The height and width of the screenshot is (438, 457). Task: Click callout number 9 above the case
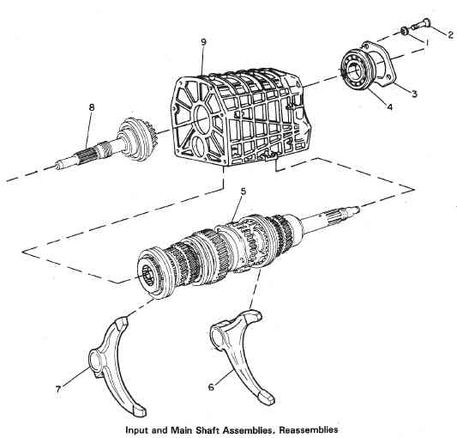tap(203, 42)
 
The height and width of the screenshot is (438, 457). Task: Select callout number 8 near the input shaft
tap(92, 107)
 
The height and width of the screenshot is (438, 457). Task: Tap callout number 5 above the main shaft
tap(244, 192)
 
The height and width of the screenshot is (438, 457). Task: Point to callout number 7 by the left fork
tap(58, 389)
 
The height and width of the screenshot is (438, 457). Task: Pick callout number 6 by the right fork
tap(211, 386)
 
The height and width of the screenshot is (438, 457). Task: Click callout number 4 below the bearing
tap(389, 106)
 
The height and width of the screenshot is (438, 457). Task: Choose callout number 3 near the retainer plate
tap(414, 94)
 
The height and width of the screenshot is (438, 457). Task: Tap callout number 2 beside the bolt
tap(451, 35)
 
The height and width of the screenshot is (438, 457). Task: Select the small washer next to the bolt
tap(404, 31)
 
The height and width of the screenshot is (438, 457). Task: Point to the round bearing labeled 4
tap(356, 70)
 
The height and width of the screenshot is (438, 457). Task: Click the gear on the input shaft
tap(137, 139)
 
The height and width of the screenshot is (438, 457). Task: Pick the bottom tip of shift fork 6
tap(267, 399)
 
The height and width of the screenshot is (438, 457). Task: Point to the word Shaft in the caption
tap(207, 429)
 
